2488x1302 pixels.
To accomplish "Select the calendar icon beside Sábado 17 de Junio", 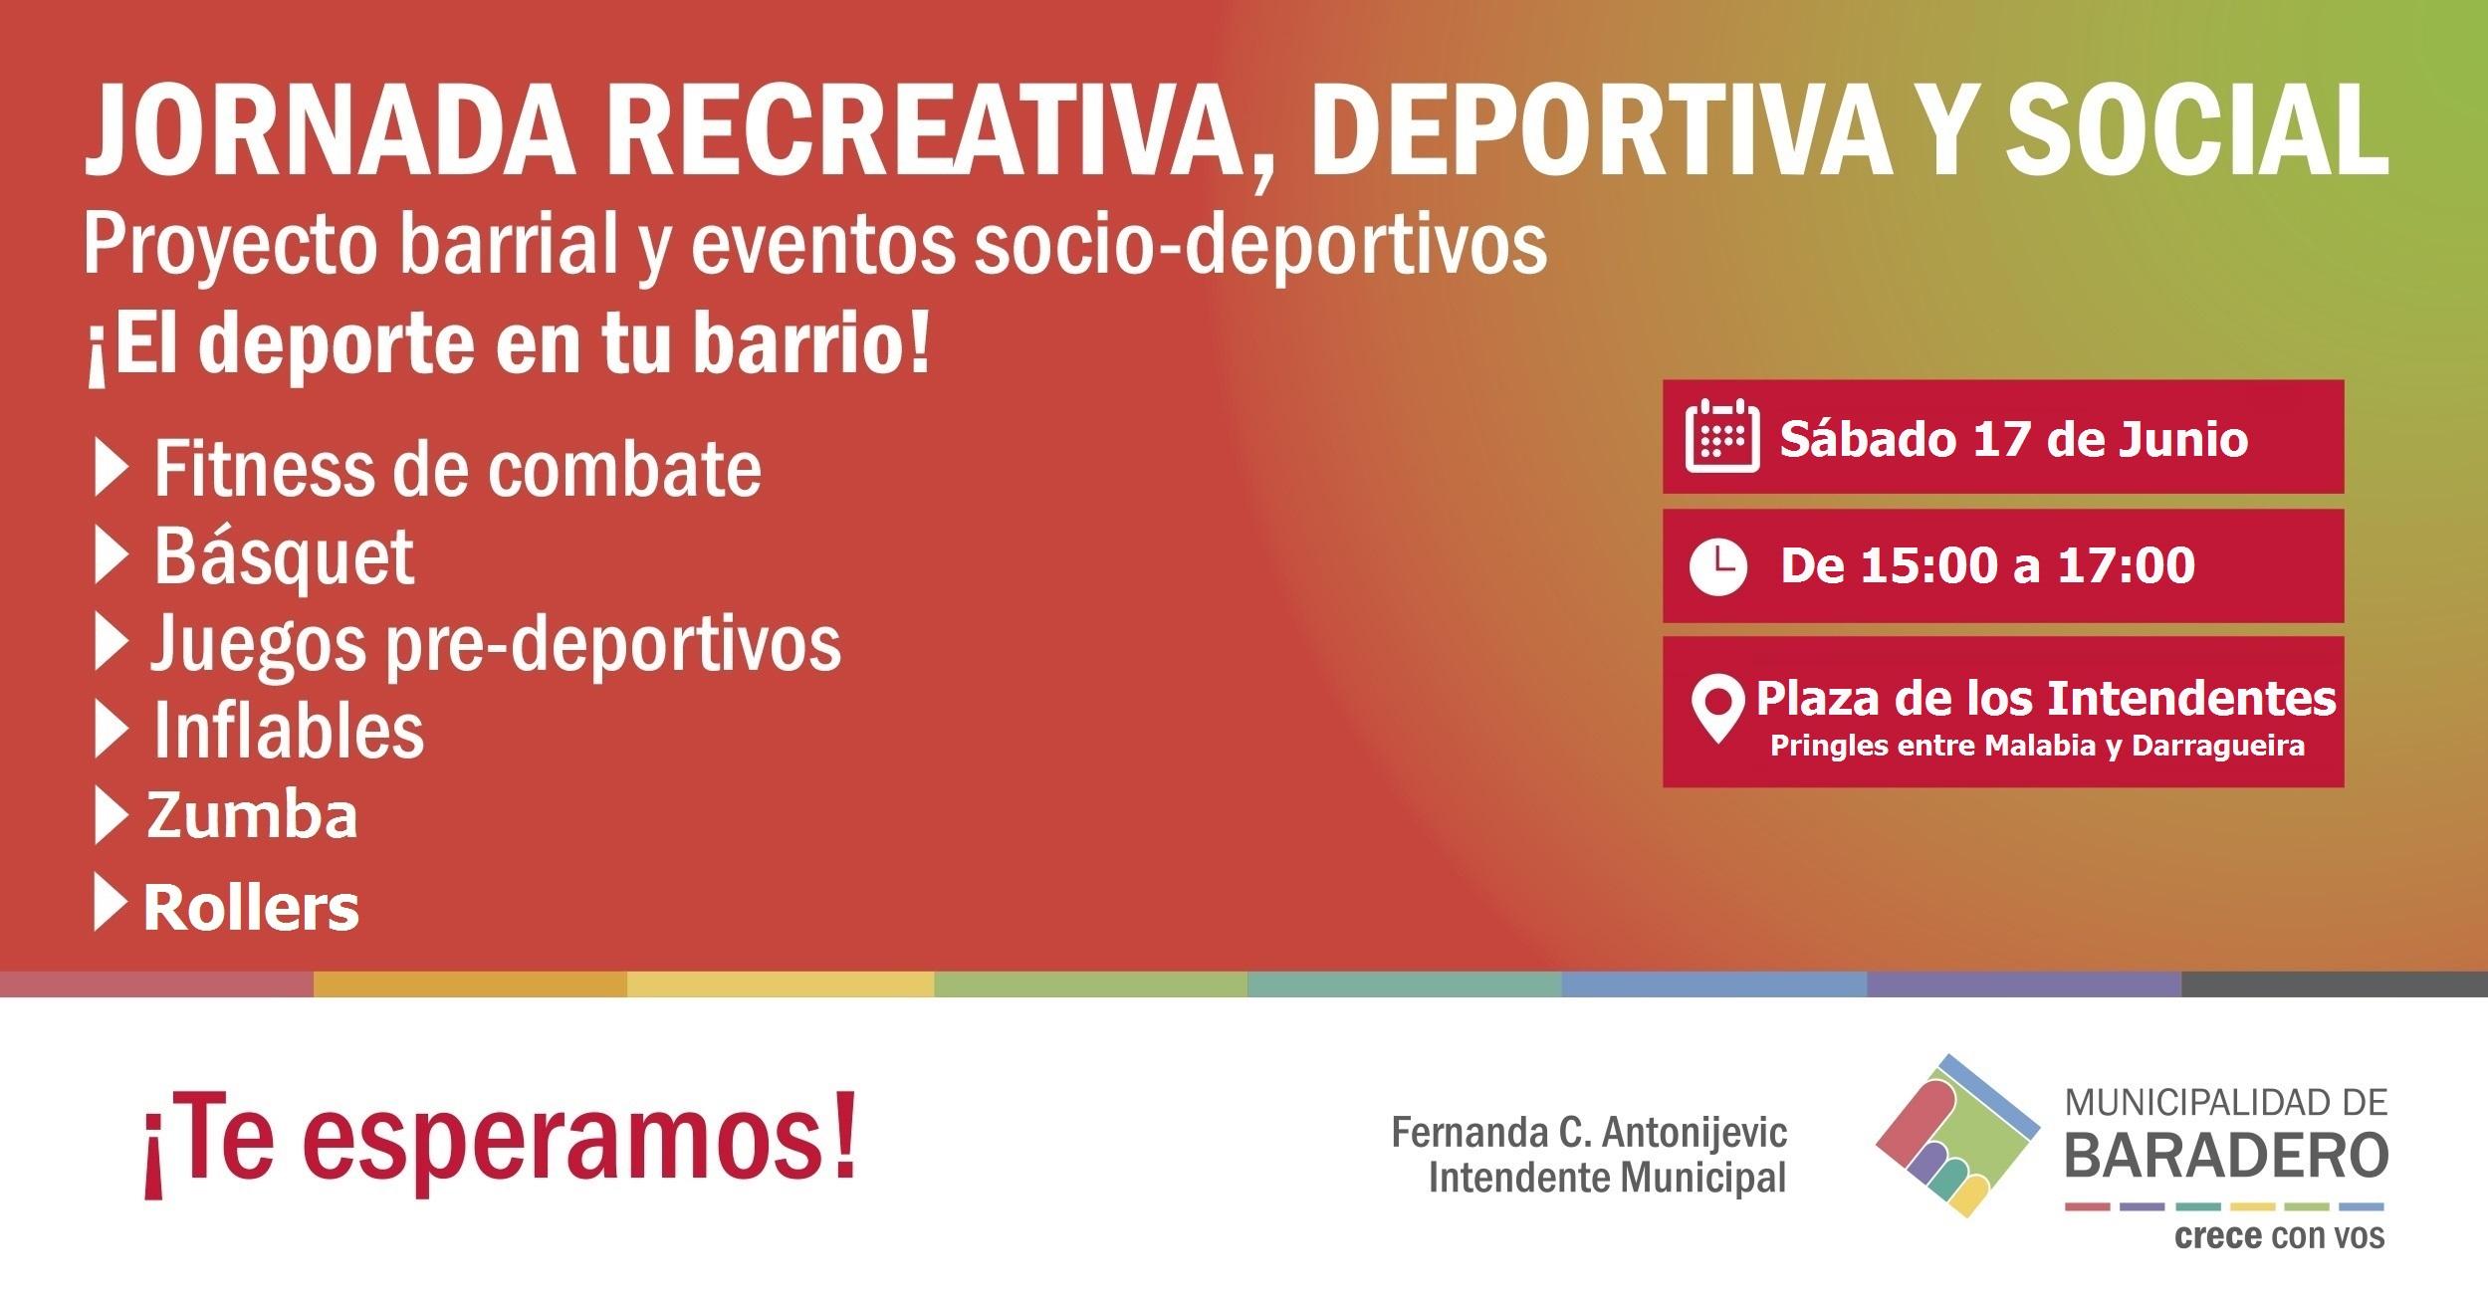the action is point(1721,436).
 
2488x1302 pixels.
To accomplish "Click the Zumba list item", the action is point(252,815).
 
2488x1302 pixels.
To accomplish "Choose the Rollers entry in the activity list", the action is point(251,908).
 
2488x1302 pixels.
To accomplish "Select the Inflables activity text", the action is point(289,732).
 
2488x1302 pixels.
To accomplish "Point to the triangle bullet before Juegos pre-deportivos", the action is point(111,645).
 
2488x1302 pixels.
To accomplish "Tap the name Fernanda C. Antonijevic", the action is point(1589,1133).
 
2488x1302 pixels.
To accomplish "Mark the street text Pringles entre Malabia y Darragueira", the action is point(2037,746).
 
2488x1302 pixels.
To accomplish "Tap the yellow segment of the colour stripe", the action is point(781,983).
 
